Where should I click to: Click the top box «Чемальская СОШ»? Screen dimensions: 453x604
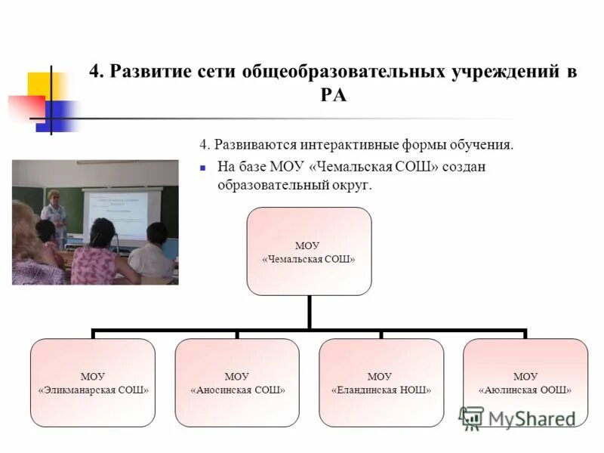coord(309,251)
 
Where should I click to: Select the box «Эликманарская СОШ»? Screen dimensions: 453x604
coord(93,382)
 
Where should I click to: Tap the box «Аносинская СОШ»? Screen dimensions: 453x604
coord(237,382)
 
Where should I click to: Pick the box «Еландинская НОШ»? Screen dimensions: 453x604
coord(381,382)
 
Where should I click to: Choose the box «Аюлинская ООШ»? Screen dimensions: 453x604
coord(525,382)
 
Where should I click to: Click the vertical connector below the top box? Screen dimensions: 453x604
coord(309,311)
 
